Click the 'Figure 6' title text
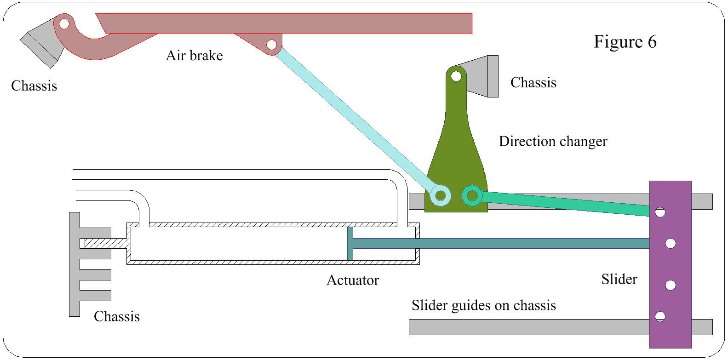point(625,42)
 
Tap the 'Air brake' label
point(194,56)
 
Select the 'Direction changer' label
point(553,141)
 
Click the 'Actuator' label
point(353,280)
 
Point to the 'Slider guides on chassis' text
point(483,305)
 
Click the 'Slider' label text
point(619,279)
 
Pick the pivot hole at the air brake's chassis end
point(64,23)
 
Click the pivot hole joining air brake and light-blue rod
point(271,45)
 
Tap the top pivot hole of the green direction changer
point(456,76)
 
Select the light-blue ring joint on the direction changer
point(441,196)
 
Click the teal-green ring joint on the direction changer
point(472,196)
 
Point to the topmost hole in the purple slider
point(660,212)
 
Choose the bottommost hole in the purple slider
point(660,316)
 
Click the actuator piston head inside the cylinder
point(350,244)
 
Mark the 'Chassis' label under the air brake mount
point(34,86)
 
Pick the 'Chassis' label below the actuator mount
point(117,316)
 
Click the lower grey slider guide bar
point(529,327)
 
